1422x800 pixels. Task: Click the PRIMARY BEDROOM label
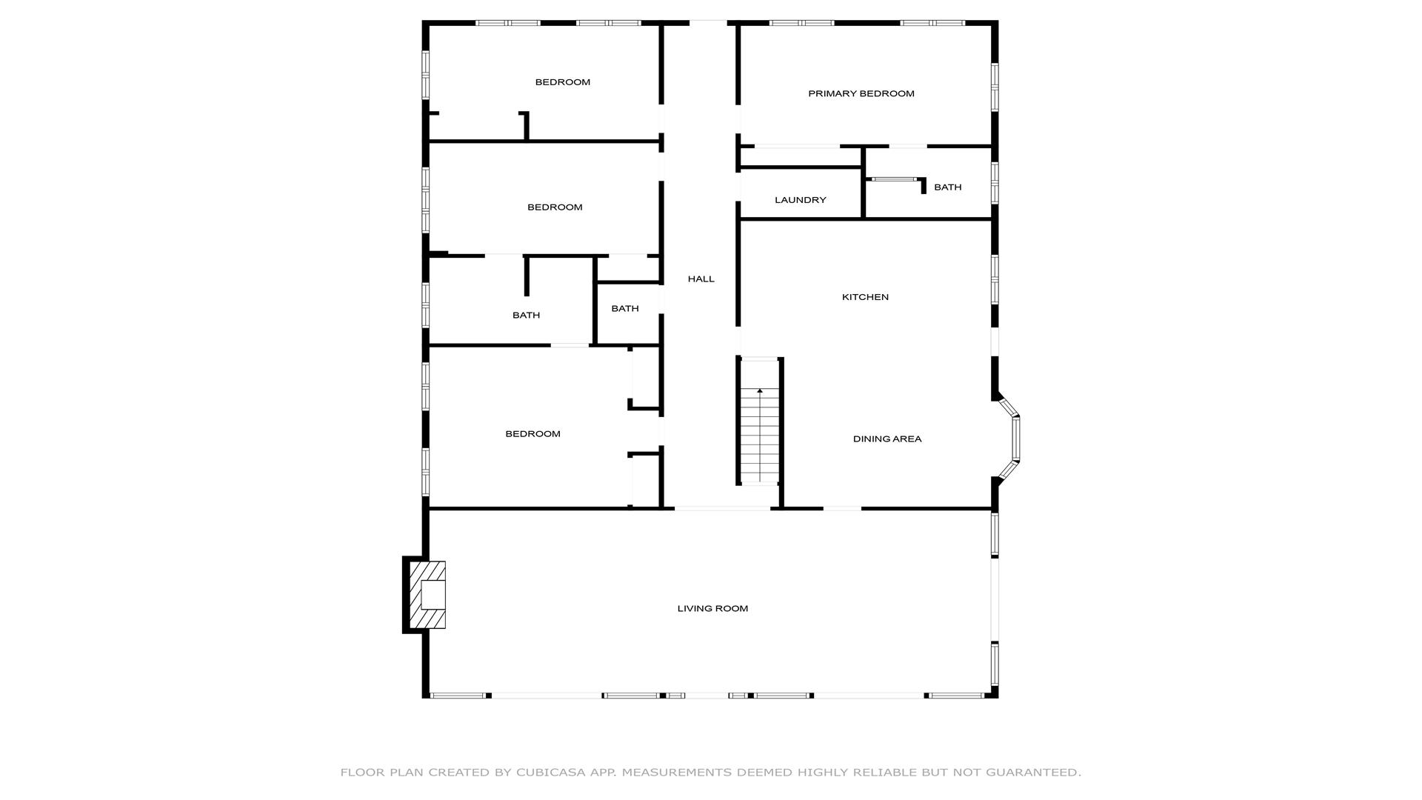861,93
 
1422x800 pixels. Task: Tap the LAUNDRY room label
801,200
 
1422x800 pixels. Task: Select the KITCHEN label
865,297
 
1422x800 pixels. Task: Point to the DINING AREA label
887,439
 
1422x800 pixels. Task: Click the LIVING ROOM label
712,608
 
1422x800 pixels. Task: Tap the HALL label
701,279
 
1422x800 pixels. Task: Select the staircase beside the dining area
760,421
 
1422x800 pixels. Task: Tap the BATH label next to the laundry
948,187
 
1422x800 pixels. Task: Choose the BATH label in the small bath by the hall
625,309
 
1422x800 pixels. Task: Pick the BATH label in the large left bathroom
527,316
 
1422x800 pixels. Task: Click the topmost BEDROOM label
563,82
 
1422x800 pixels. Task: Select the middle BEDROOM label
555,207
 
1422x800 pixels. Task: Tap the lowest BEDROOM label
533,434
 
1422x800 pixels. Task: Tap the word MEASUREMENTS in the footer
676,772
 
